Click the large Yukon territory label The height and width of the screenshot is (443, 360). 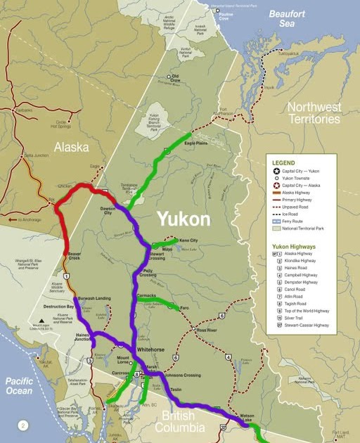click(x=183, y=219)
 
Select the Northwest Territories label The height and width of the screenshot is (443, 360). click(x=314, y=113)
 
